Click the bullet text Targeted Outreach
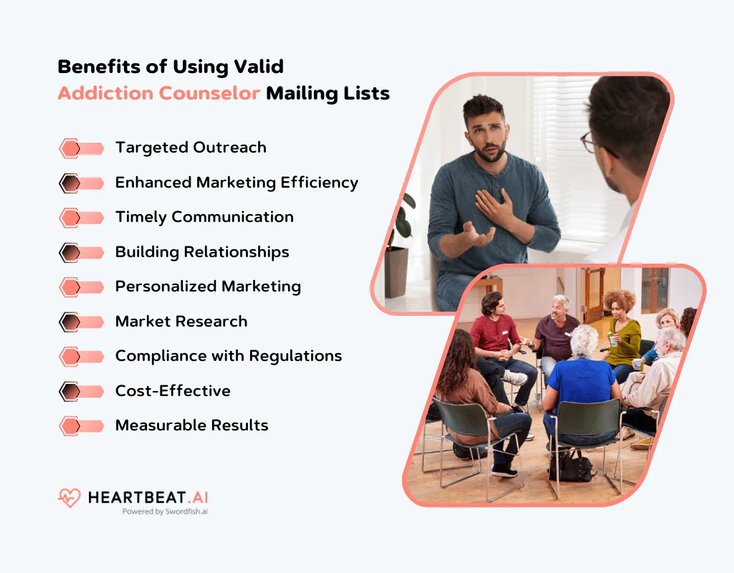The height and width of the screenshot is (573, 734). click(191, 148)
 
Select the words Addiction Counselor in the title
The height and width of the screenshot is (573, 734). click(158, 93)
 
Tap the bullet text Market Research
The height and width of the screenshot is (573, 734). click(181, 322)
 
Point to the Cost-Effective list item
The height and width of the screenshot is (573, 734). click(173, 391)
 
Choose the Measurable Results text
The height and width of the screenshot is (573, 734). click(191, 425)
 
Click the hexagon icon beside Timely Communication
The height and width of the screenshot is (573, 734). click(70, 218)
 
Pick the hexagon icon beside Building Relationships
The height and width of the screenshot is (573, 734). click(70, 252)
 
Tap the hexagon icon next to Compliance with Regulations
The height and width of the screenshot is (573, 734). click(70, 357)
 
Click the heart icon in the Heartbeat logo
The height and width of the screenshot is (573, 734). click(70, 498)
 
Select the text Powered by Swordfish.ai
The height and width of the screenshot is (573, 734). click(164, 511)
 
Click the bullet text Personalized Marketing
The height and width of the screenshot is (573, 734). click(208, 286)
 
